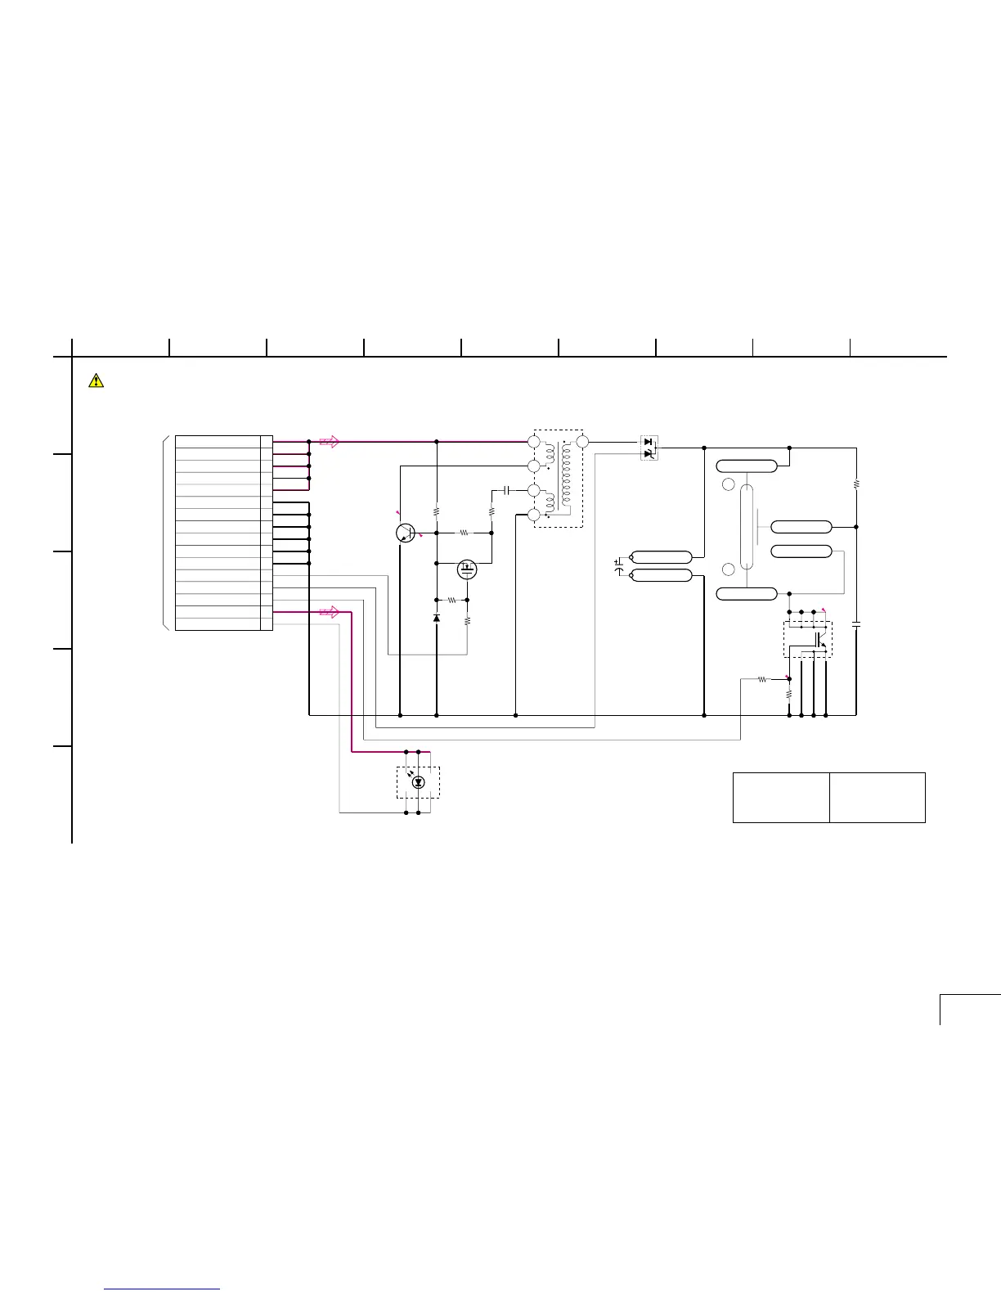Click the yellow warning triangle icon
click(97, 380)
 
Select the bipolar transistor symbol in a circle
click(404, 533)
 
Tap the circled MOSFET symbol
click(467, 568)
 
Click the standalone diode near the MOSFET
click(436, 617)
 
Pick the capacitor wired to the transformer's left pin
click(507, 490)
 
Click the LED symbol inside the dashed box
click(419, 782)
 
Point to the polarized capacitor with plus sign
click(619, 563)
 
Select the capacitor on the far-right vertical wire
click(856, 624)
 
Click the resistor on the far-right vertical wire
click(856, 484)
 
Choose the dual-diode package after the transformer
click(649, 448)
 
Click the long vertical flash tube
click(747, 526)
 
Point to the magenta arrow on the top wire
click(329, 442)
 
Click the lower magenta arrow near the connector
click(329, 612)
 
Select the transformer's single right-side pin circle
click(581, 443)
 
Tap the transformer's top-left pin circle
click(533, 442)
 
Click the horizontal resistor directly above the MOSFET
click(464, 532)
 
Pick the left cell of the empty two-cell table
click(781, 797)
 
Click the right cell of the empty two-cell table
click(877, 797)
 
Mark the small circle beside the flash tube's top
click(729, 484)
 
